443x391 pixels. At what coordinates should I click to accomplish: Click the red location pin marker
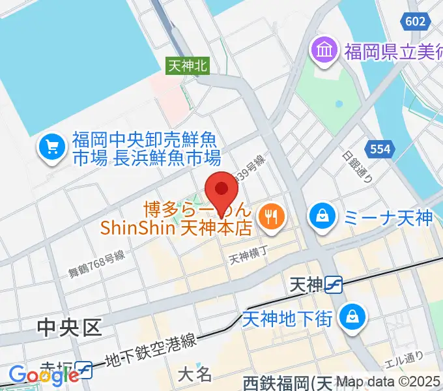221,190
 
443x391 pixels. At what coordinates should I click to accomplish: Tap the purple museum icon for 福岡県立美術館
323,49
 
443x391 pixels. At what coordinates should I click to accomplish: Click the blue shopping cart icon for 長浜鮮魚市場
50,148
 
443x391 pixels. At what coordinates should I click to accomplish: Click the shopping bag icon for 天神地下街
352,317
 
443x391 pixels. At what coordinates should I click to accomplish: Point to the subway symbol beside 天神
334,284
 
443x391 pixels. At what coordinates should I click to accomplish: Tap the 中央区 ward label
70,327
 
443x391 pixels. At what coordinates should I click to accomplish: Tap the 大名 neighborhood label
195,374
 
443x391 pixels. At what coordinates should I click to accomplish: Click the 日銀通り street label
353,166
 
